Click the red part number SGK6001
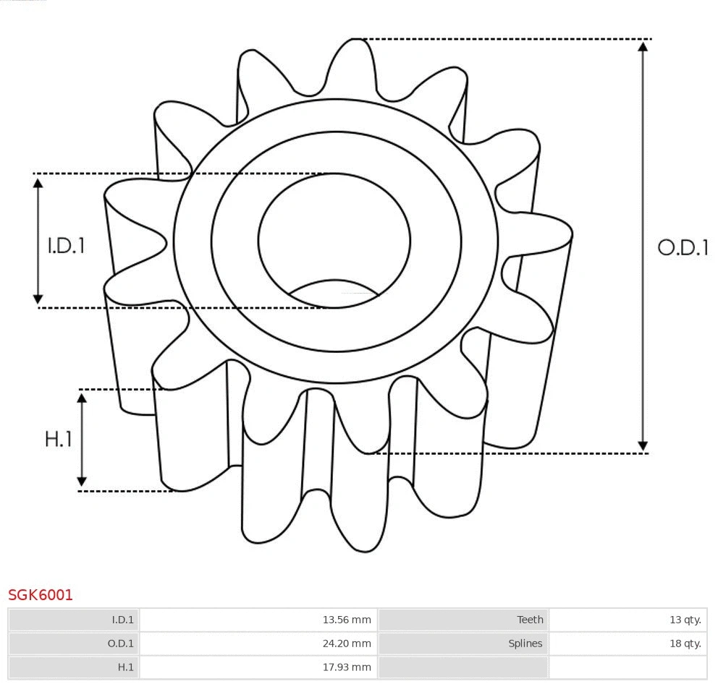41,595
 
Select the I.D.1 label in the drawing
67,246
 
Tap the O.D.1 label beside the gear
682,248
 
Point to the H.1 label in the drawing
59,439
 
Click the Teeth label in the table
530,620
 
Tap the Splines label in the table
525,644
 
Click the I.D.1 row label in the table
122,620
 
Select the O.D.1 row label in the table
121,644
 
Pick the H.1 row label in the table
125,667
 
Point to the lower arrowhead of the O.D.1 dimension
643,445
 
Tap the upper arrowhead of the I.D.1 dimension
38,182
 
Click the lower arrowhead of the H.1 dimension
82,482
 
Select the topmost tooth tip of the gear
354,42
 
